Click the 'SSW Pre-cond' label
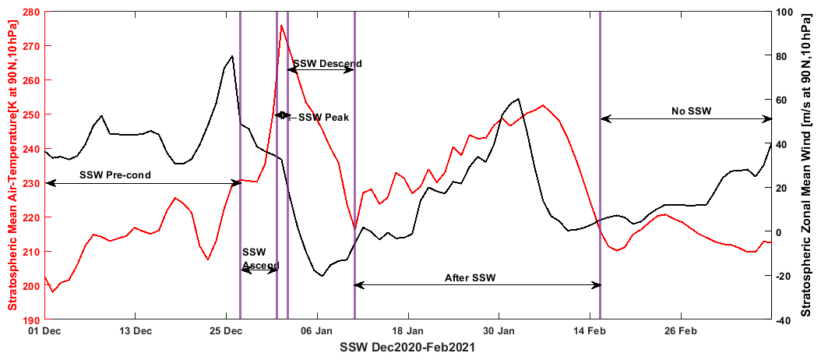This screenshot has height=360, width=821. point(115,175)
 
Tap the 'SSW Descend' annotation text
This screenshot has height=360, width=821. point(327,63)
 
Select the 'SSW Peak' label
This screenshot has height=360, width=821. point(323,118)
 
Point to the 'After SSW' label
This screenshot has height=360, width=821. point(470,277)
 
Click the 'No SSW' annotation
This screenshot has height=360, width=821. point(691,111)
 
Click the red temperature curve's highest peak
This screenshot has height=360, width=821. point(281,26)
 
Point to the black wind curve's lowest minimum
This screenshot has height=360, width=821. point(321,275)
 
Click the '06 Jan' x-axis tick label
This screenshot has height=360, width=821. point(317,330)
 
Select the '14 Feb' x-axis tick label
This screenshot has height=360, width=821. point(590,330)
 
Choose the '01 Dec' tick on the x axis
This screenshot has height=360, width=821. point(44,330)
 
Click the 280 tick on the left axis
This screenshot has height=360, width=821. point(32,12)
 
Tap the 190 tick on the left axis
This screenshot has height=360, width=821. point(32,319)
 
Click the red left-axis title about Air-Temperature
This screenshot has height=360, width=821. point(12,165)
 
